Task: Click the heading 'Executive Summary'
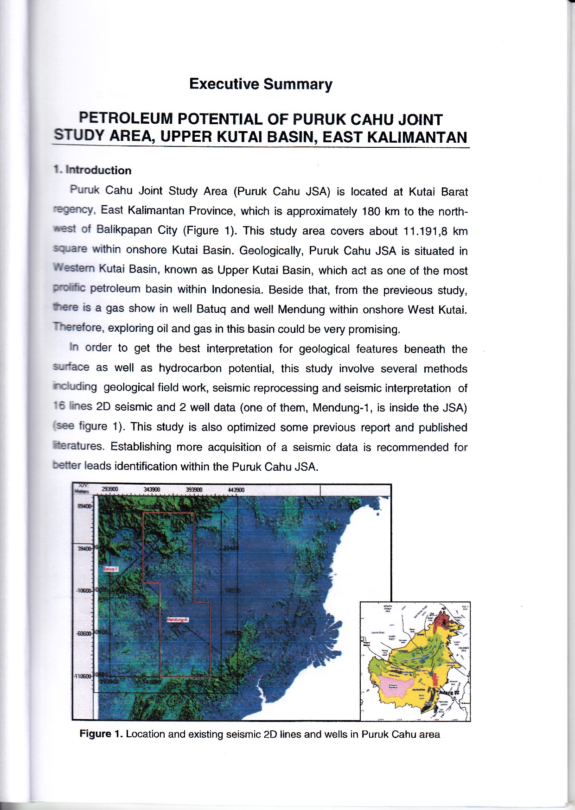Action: pyautogui.click(x=261, y=84)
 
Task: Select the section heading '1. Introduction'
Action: pyautogui.click(x=92, y=170)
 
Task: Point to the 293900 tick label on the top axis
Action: pyautogui.click(x=110, y=489)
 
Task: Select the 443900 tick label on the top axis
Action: pyautogui.click(x=236, y=490)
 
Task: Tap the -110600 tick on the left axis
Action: pyautogui.click(x=83, y=676)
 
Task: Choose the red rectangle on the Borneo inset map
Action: pyautogui.click(x=435, y=680)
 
